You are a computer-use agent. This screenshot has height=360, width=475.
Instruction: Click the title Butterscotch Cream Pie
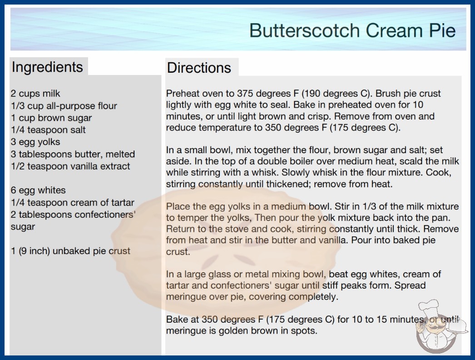click(352, 30)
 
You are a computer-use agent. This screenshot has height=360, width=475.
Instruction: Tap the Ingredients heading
click(47, 67)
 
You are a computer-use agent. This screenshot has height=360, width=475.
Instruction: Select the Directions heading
click(199, 68)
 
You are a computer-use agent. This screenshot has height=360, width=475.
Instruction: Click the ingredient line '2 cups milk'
click(35, 94)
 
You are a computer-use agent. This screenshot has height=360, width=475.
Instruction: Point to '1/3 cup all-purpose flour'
click(64, 106)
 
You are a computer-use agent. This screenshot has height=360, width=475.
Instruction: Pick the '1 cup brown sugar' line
click(51, 118)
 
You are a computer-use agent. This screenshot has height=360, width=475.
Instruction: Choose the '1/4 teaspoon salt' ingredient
click(48, 130)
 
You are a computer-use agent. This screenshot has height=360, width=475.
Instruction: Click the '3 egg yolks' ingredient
click(35, 142)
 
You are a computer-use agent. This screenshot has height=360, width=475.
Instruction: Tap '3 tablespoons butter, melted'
click(73, 154)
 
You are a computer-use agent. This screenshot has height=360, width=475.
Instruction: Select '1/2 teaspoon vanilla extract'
click(70, 166)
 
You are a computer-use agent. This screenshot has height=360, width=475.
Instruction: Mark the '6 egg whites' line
click(38, 190)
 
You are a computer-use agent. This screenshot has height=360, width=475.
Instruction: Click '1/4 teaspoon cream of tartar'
click(72, 202)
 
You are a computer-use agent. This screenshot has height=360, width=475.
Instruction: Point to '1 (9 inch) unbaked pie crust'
click(70, 251)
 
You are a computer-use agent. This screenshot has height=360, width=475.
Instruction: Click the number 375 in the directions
click(246, 94)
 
